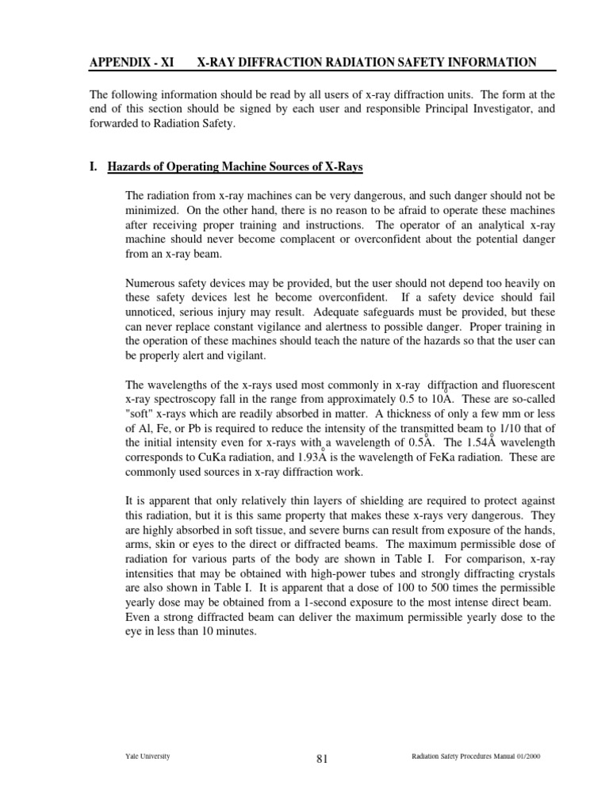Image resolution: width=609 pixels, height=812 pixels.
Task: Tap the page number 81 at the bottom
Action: (322, 759)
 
